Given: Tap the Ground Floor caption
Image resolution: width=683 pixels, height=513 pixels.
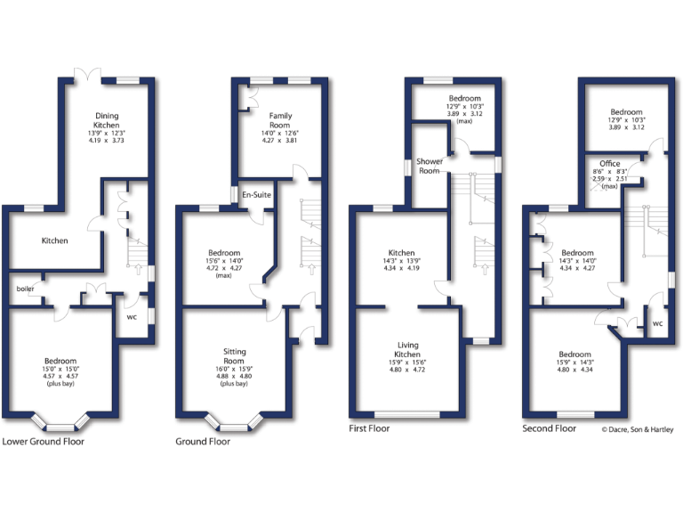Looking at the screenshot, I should pos(203,441).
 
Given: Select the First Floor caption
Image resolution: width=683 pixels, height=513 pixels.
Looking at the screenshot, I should pos(368,428).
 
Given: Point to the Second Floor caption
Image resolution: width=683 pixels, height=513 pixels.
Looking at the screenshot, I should pos(549,428).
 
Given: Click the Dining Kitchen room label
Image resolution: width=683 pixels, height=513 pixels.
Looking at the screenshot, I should pos(107,121).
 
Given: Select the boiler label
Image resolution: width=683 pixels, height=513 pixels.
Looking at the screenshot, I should pos(25,289).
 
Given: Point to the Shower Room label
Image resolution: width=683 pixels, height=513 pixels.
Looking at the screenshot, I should pos(430,166).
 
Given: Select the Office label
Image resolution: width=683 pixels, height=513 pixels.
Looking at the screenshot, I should pos(609,164).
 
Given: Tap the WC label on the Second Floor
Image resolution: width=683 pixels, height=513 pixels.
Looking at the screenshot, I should pos(657,323).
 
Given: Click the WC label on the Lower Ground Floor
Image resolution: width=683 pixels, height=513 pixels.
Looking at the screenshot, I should pos(132,315).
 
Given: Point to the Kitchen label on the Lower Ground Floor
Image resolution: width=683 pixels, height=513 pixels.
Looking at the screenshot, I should pos(55,240).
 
